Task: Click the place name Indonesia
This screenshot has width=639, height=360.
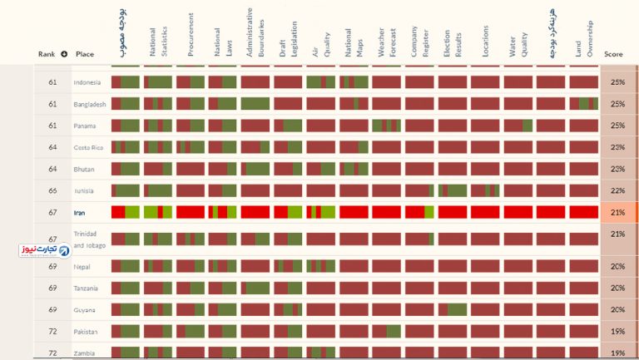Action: (87, 82)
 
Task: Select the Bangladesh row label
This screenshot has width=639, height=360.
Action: (90, 104)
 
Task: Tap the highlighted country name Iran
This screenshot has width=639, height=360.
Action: (80, 213)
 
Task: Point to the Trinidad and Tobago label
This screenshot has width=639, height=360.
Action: (90, 239)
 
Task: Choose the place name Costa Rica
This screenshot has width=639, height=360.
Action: (88, 147)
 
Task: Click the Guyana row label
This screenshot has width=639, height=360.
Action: (85, 310)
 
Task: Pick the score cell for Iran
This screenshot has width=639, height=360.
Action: (617, 213)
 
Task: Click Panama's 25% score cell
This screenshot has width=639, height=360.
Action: (617, 126)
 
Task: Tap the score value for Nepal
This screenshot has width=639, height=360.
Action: (617, 267)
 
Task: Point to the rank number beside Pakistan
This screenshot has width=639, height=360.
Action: (52, 332)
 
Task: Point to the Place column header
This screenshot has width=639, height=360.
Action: (84, 55)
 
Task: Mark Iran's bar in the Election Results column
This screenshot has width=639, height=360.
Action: (453, 212)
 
